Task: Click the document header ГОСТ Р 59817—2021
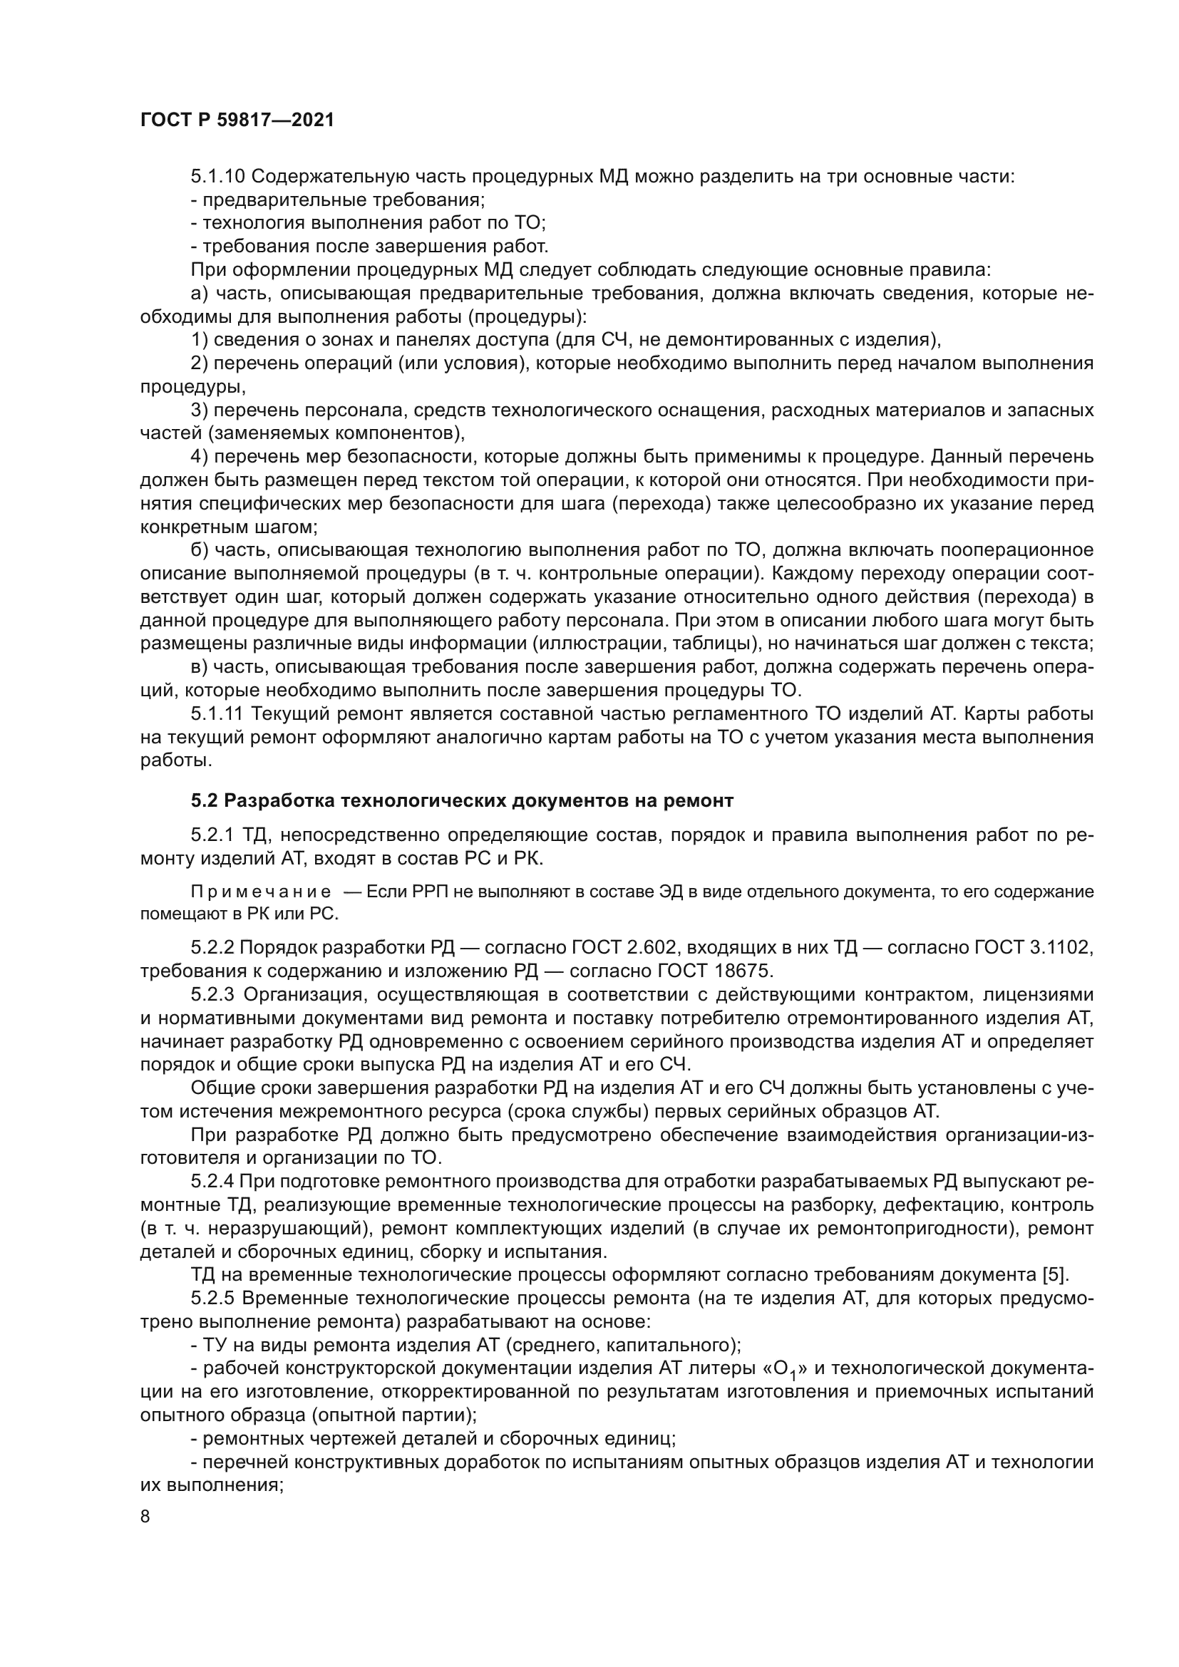(x=237, y=120)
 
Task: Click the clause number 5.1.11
(x=217, y=713)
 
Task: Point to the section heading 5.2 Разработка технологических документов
(x=463, y=801)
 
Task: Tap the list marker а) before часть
(x=199, y=294)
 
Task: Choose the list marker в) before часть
(x=199, y=666)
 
